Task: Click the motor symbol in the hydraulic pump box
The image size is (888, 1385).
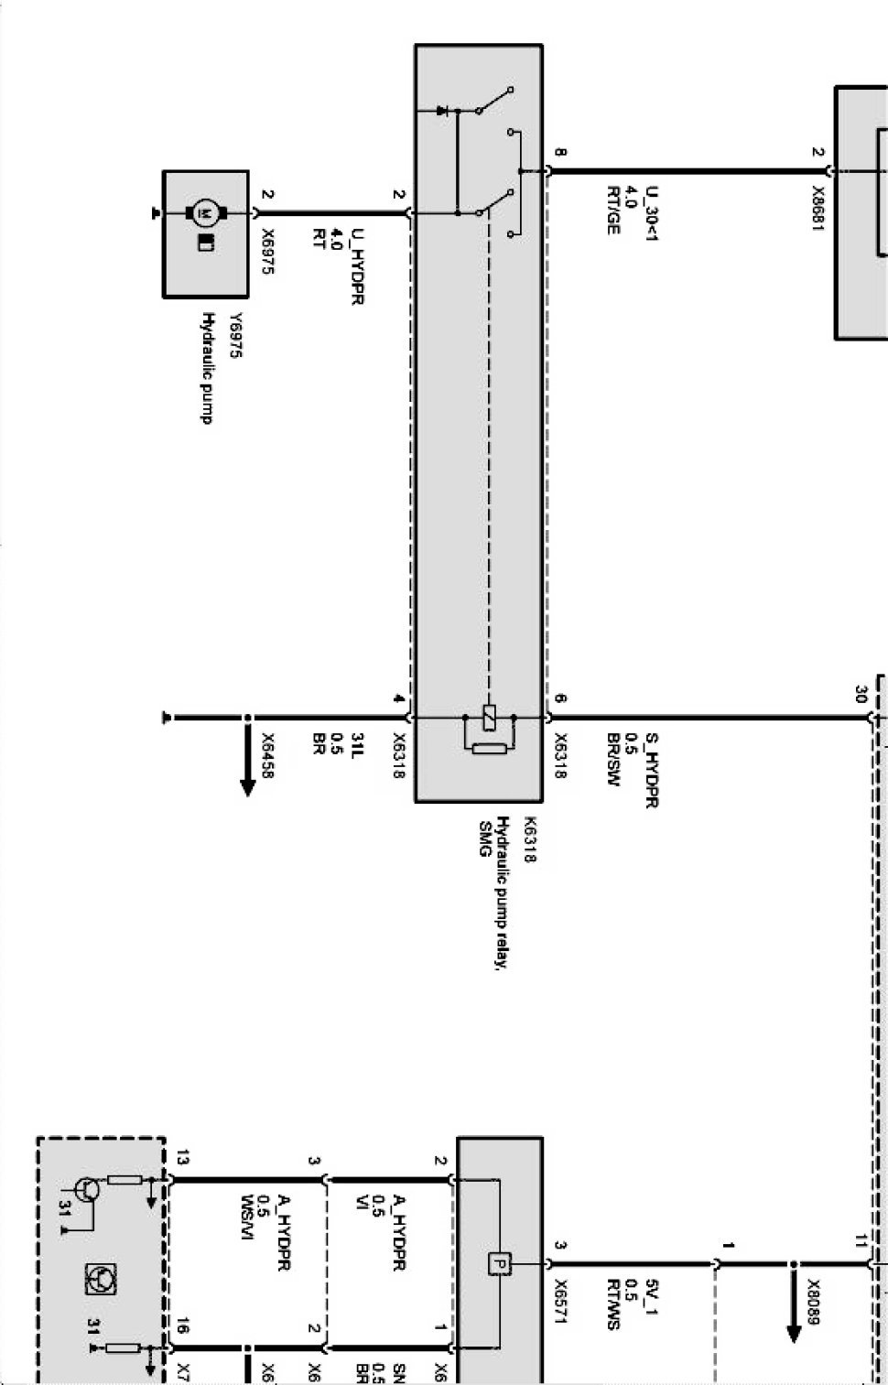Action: click(206, 213)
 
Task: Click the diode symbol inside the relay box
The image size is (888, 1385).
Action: click(442, 111)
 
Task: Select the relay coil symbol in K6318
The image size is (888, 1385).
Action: click(490, 718)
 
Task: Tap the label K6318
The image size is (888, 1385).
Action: click(529, 839)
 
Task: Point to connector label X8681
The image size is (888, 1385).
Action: click(818, 210)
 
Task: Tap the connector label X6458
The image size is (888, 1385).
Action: click(268, 755)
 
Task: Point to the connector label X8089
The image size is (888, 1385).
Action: click(813, 1301)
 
